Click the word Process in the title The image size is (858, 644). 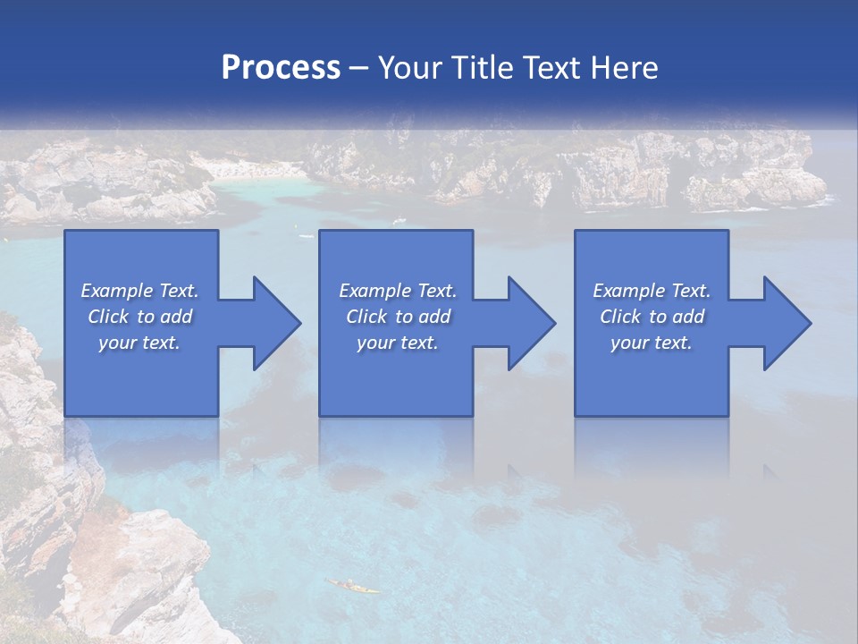281,67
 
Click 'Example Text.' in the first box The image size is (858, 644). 139,291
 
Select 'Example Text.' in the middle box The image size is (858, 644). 398,291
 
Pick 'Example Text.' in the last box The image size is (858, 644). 652,291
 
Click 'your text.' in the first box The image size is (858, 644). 139,343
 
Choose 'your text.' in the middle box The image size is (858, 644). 398,343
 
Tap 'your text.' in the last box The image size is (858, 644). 652,343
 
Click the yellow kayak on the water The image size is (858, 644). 352,586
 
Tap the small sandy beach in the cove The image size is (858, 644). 250,169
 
